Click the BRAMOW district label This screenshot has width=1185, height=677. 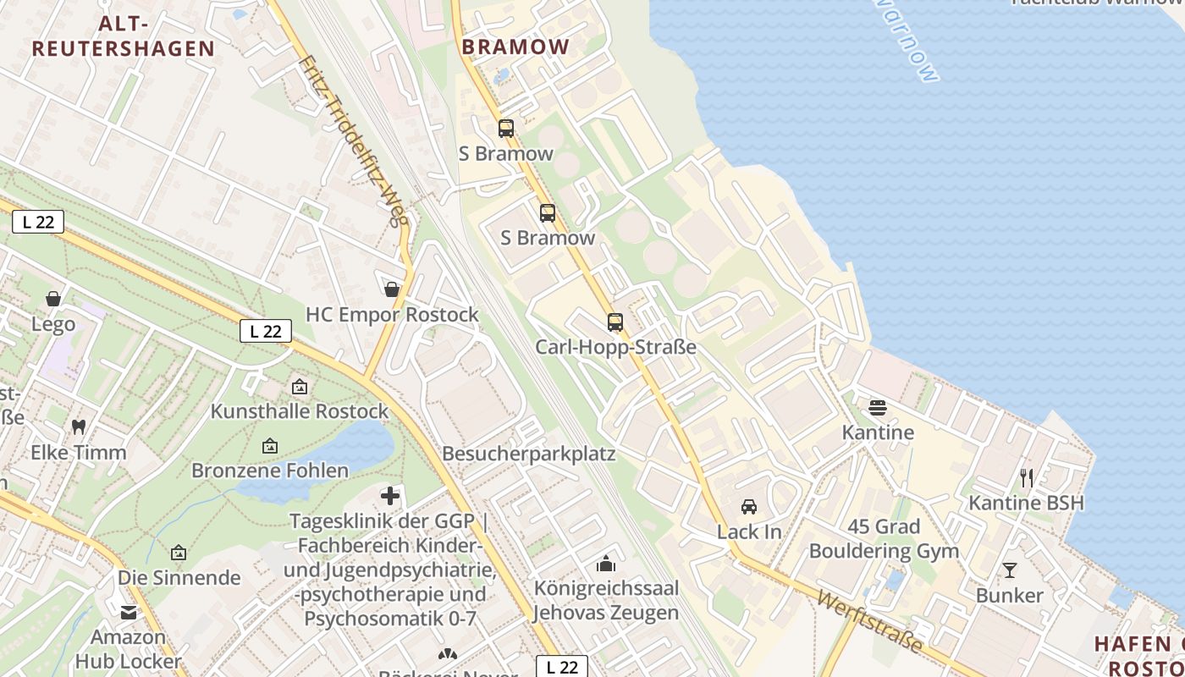[x=515, y=47]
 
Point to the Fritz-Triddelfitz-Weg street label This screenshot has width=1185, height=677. [x=354, y=140]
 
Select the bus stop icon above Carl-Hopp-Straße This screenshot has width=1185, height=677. [x=615, y=322]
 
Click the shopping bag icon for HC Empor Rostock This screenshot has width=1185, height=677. [x=392, y=289]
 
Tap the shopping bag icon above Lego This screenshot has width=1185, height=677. [x=53, y=299]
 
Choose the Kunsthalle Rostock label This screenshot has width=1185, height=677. [x=300, y=411]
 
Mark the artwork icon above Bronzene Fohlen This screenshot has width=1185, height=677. [x=270, y=445]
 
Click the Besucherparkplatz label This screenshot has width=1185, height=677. [x=529, y=454]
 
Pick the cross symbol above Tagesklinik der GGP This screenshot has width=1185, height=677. [x=390, y=495]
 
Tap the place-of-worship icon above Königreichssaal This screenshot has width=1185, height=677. [x=606, y=563]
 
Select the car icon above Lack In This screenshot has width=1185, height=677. [x=749, y=507]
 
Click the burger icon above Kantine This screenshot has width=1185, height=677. [x=878, y=408]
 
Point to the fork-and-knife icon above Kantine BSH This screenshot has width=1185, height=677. [x=1027, y=478]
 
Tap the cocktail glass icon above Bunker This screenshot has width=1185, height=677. [x=1010, y=570]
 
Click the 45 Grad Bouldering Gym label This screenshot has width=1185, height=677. [x=884, y=539]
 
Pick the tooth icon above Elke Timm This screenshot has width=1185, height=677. [x=79, y=427]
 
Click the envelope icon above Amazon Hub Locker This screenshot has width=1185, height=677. [x=129, y=612]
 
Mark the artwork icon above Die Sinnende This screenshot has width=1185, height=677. [x=179, y=553]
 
